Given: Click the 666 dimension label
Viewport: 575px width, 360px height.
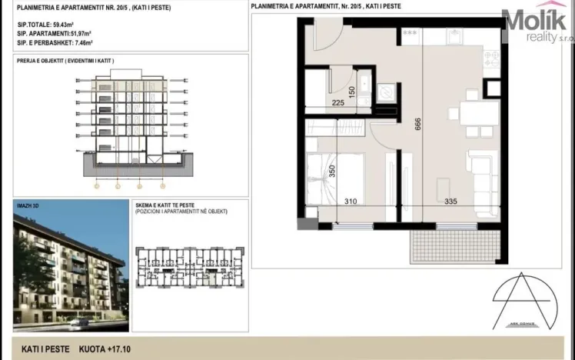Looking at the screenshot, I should (x=418, y=126).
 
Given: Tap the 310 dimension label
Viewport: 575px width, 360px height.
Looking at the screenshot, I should (x=351, y=202).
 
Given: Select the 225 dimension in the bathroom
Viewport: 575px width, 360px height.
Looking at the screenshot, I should (x=337, y=101).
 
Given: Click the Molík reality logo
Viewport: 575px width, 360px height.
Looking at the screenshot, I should (x=537, y=23).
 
